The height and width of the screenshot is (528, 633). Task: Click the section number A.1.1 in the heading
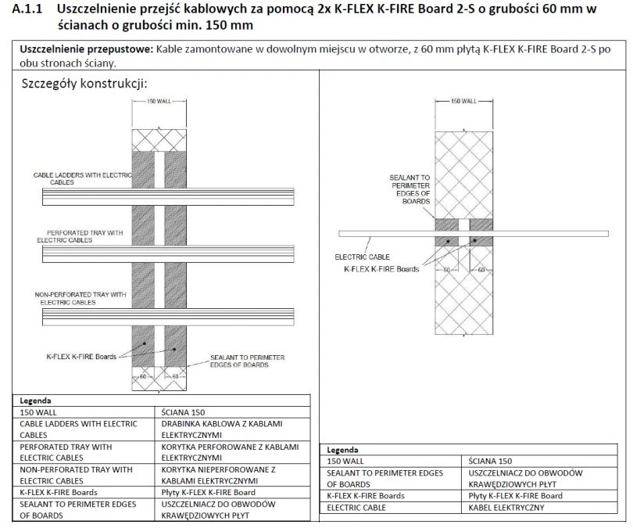coord(27,9)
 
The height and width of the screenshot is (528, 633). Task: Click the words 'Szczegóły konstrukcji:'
coord(84,84)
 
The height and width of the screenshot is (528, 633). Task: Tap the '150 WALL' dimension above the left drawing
coord(159,101)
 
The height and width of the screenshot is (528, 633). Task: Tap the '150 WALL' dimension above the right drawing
coord(464,101)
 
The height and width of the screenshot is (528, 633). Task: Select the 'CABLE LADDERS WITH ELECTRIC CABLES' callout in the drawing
coord(82,178)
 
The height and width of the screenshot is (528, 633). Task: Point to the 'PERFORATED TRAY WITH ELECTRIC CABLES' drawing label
coord(80,236)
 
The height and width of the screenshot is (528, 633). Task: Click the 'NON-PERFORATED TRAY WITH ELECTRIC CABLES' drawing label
coord(80,299)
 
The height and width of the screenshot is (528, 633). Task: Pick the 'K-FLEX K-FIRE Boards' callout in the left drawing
coord(81,357)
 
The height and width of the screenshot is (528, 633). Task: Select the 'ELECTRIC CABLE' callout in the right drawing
coord(362,257)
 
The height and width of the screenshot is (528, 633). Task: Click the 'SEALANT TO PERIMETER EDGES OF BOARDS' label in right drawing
coord(409,189)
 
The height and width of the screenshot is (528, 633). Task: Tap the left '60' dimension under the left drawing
coord(143,376)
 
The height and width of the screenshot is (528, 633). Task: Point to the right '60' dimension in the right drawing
coord(481,269)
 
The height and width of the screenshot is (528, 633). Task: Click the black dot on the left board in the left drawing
coord(144,343)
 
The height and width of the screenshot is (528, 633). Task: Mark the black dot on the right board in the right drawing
coord(475,241)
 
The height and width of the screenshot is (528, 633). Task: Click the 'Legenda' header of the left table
coord(35,400)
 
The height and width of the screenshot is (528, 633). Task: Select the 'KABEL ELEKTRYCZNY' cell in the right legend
coord(506,508)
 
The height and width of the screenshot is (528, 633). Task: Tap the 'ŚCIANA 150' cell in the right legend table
coord(490,461)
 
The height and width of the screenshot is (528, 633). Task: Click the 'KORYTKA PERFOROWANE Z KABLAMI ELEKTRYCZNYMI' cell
coord(230,452)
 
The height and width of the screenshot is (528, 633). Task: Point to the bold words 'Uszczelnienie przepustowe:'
coord(87,50)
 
